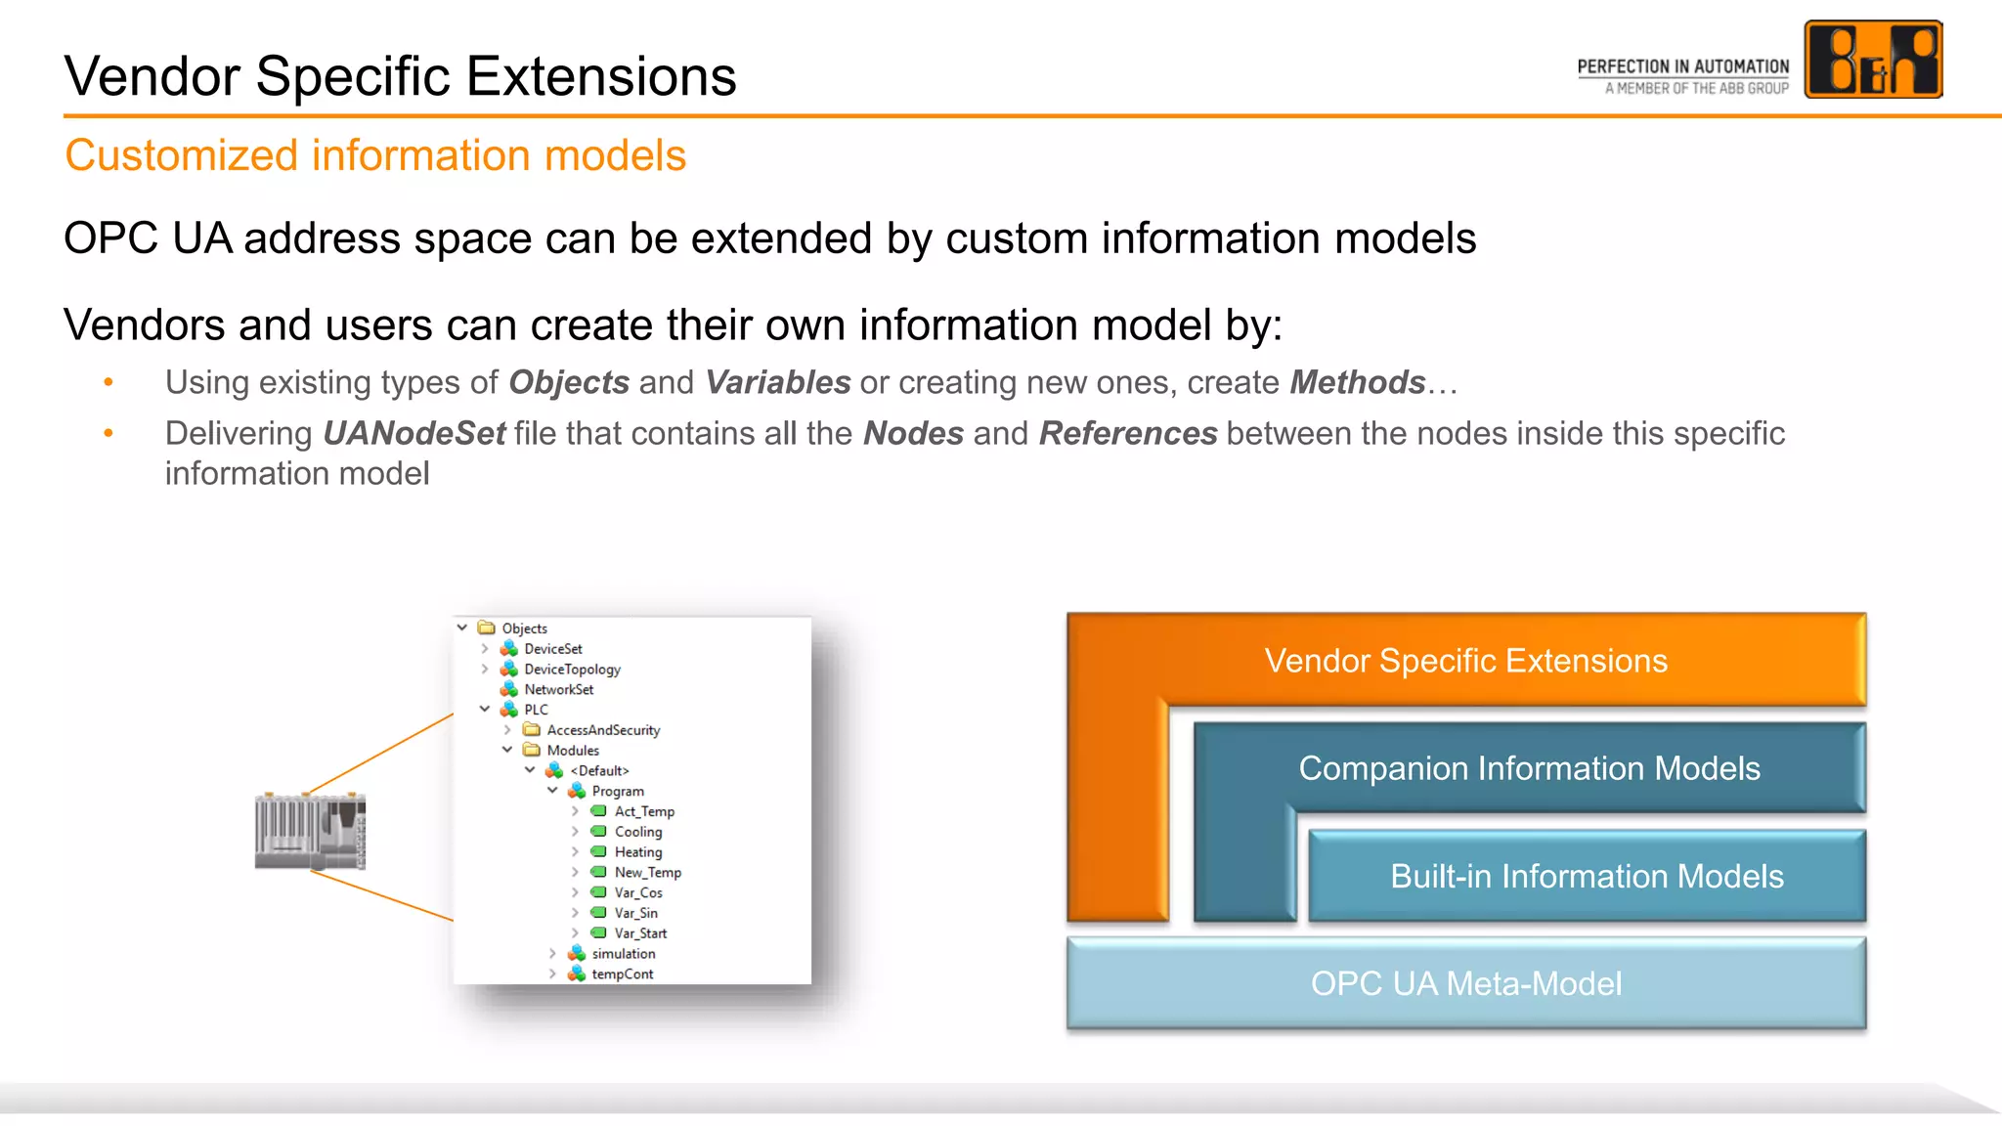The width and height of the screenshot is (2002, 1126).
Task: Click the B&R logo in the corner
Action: [x=1872, y=60]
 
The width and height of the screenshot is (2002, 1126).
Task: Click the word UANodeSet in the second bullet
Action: [x=414, y=433]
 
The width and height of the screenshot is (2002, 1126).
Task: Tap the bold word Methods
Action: [x=1357, y=382]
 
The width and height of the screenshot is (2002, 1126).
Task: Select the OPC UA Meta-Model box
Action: [x=1465, y=983]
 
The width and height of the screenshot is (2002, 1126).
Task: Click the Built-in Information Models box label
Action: [x=1586, y=876]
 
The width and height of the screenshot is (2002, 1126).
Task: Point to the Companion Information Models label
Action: [x=1529, y=768]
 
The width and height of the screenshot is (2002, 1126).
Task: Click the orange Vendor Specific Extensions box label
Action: [x=1465, y=661]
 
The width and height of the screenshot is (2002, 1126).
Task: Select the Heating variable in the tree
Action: [x=637, y=852]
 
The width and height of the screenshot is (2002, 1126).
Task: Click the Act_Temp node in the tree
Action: [x=643, y=811]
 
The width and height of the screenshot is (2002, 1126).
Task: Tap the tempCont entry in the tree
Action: [x=622, y=974]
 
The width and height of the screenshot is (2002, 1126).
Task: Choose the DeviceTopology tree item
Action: [x=572, y=670]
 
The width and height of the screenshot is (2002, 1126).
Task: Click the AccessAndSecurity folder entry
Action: [x=603, y=730]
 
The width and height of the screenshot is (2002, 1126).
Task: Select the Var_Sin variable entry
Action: [x=635, y=913]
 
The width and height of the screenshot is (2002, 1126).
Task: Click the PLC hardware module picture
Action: [x=311, y=831]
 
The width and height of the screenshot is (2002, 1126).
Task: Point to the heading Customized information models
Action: [x=375, y=155]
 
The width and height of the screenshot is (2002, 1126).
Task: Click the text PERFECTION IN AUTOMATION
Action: [x=1682, y=66]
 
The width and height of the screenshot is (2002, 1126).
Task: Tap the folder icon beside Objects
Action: [x=486, y=628]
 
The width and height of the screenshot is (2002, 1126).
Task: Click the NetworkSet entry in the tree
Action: [x=558, y=690]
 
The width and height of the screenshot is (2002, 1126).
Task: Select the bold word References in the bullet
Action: [x=1127, y=433]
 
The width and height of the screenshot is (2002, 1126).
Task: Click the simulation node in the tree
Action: [x=623, y=954]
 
